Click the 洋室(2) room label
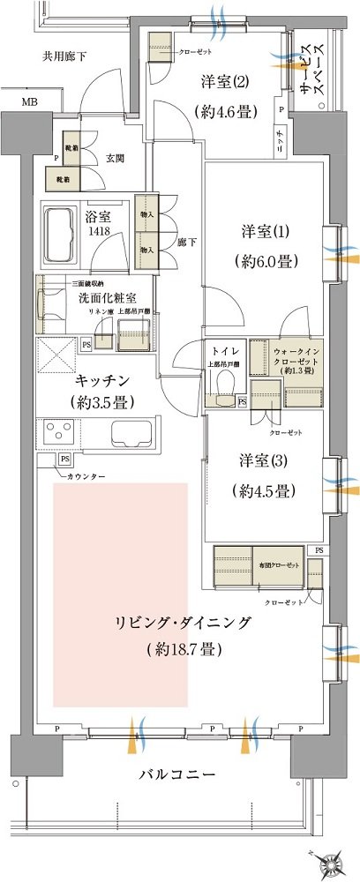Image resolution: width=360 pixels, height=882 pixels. [224, 82]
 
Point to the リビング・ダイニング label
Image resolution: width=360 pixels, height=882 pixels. [183, 623]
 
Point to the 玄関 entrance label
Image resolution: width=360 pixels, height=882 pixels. [116, 159]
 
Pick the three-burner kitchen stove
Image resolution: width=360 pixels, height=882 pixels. [62, 433]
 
